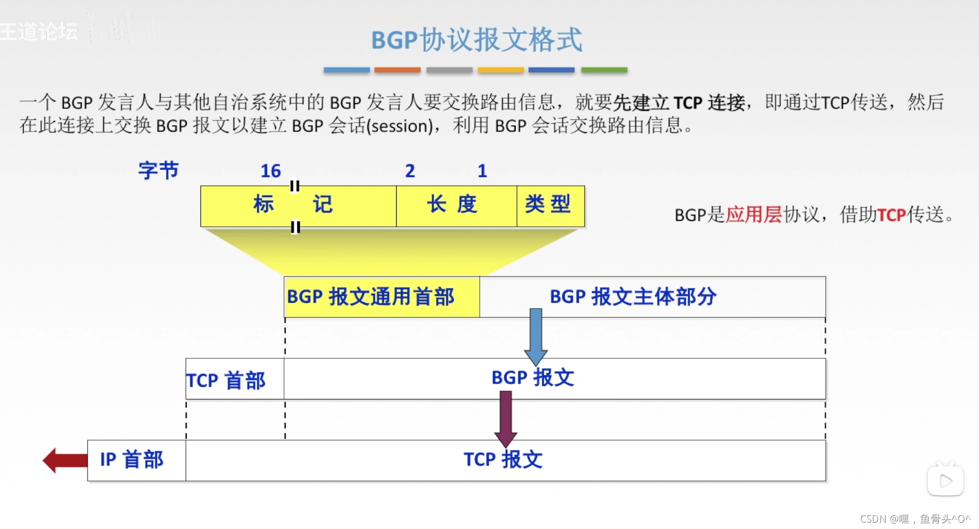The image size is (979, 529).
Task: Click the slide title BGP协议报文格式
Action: coord(476,40)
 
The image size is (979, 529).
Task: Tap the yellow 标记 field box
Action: coord(298,206)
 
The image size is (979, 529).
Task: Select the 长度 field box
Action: coord(456,206)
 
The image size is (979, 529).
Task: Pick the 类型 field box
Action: coord(550,206)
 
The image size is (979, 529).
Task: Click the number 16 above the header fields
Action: coord(270,171)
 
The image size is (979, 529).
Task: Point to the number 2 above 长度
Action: coord(410,171)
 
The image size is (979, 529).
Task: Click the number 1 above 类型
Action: coord(482,171)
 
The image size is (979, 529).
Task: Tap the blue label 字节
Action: coord(158,171)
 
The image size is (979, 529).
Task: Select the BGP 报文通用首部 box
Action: coord(381,297)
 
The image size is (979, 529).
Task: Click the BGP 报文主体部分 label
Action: coord(633,297)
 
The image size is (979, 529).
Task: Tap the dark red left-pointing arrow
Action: coord(65,460)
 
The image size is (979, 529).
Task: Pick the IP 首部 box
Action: coord(136,460)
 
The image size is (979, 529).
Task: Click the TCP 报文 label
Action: coord(503,460)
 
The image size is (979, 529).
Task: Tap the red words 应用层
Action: coord(753,215)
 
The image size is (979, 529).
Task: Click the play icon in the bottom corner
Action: coord(945,480)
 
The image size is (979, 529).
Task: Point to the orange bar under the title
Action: coord(397,70)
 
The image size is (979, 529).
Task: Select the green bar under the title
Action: coord(604,70)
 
